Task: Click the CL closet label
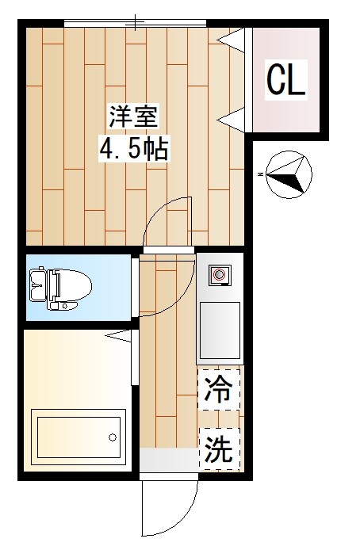285,79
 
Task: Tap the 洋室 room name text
133,118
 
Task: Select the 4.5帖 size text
133,148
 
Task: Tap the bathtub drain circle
113,437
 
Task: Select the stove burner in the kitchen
219,275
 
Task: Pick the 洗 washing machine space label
218,449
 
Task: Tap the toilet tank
35,285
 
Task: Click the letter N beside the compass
260,174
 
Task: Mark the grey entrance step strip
169,459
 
